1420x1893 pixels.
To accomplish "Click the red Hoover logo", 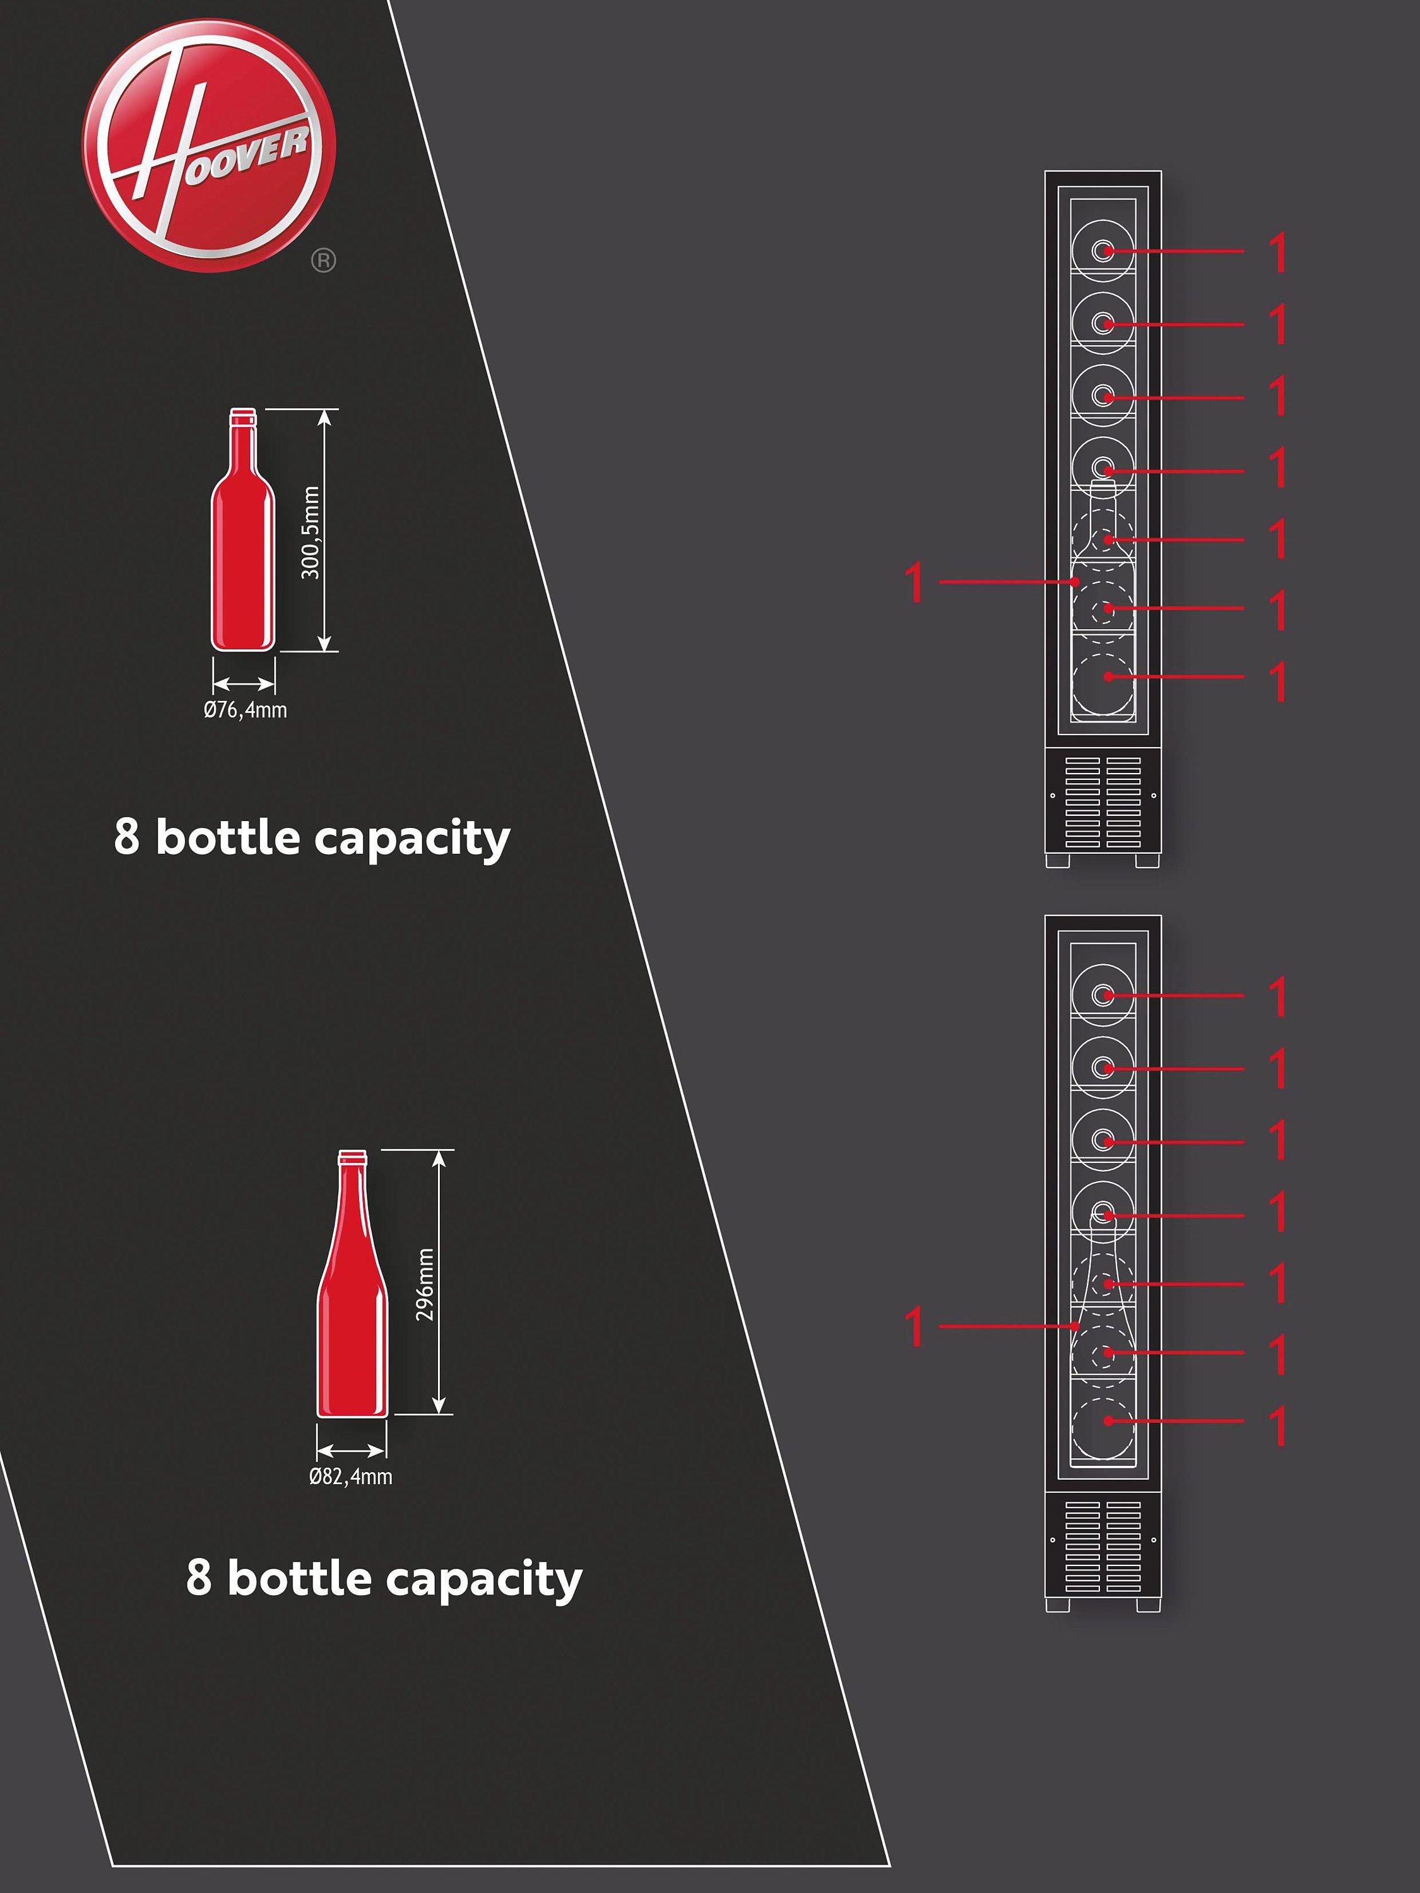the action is pyautogui.click(x=209, y=146).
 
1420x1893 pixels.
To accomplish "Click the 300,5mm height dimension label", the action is pyautogui.click(x=311, y=533).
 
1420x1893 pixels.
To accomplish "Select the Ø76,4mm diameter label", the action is pyautogui.click(x=245, y=709).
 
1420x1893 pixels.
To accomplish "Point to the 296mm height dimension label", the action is pyautogui.click(x=425, y=1283).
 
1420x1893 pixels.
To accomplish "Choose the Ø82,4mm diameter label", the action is pyautogui.click(x=351, y=1477).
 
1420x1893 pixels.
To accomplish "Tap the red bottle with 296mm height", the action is pyautogui.click(x=351, y=1283).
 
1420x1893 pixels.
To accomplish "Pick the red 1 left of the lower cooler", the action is pyautogui.click(x=916, y=1326).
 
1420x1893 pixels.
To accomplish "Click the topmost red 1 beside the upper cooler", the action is pyautogui.click(x=1278, y=252).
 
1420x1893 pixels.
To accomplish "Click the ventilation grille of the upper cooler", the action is pyautogui.click(x=1103, y=802).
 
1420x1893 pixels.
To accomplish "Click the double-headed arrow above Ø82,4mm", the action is pyautogui.click(x=351, y=1451).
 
